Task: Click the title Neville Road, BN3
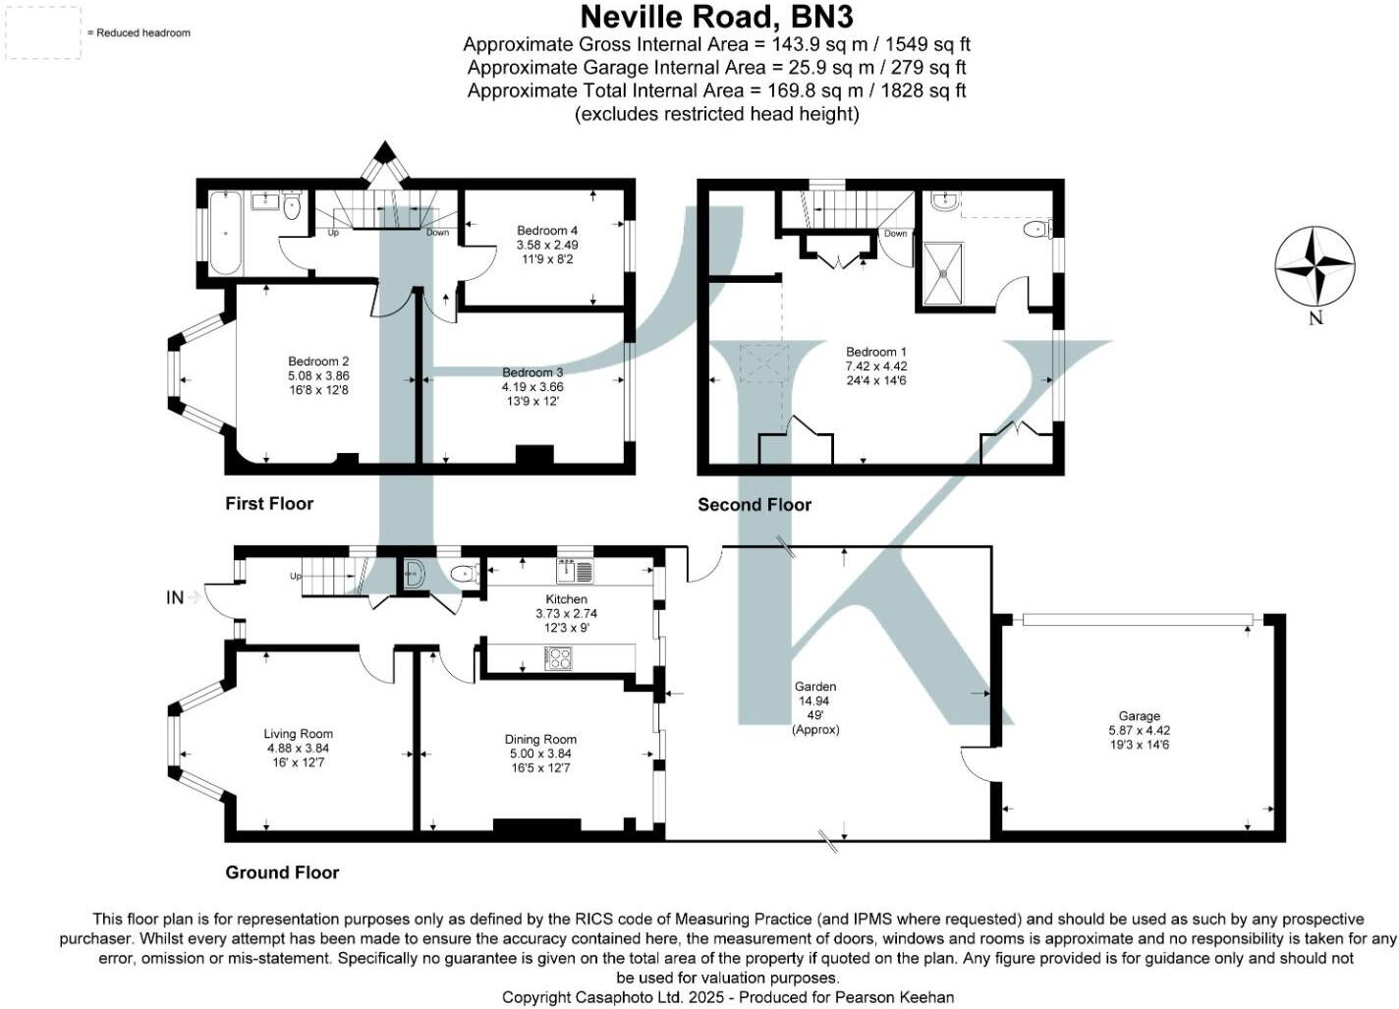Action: coord(716,17)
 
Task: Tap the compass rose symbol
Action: coord(1315,266)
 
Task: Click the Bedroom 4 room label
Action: coord(547,231)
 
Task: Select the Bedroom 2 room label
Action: coord(318,362)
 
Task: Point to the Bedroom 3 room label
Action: coord(532,373)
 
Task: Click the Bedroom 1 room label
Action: coord(876,352)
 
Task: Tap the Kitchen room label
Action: coord(566,599)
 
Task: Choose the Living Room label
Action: coord(298,734)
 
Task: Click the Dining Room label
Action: coord(540,740)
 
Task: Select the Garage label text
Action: coord(1139,716)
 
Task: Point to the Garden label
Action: coord(815,687)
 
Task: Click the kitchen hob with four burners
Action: coord(558,658)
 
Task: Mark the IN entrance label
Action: coord(175,597)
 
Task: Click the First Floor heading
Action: coord(269,504)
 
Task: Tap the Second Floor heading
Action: coord(755,505)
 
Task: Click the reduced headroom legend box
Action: coord(44,32)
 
